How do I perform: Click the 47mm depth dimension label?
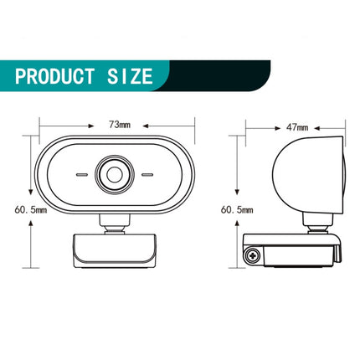click(296, 127)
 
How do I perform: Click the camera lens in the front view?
click(116, 175)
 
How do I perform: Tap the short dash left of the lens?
click(84, 176)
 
